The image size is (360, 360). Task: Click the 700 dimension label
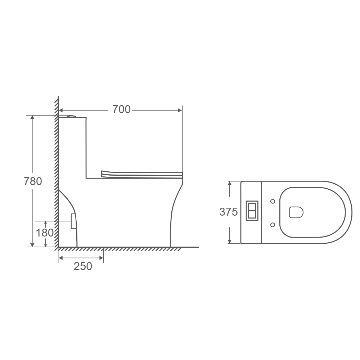121,109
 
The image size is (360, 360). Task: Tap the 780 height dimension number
33,181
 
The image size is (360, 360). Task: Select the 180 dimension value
45,233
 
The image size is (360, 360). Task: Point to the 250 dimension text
83,266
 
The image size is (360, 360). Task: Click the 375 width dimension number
229,212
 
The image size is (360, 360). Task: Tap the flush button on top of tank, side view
71,116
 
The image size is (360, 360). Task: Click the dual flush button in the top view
252,211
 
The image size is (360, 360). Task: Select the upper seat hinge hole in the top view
273,201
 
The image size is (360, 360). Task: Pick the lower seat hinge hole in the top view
273,225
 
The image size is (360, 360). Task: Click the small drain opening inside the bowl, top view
296,212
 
